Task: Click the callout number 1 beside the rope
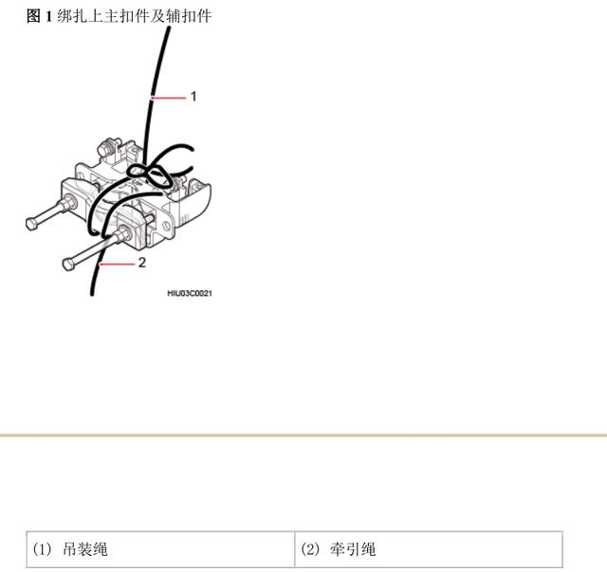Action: (193, 96)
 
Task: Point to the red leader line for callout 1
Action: (170, 97)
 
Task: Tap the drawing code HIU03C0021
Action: (190, 293)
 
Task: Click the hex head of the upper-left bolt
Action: (32, 224)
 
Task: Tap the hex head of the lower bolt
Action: (68, 263)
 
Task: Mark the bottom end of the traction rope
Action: (92, 291)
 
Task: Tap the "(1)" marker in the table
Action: (43, 549)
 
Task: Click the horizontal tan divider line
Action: (303, 435)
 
